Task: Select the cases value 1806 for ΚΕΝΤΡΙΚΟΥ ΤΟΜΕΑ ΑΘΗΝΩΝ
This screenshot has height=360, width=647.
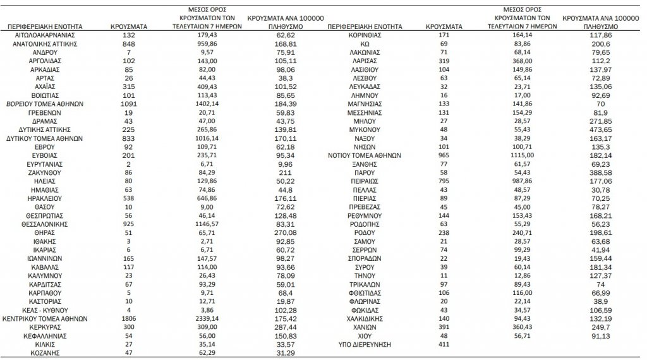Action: (129, 319)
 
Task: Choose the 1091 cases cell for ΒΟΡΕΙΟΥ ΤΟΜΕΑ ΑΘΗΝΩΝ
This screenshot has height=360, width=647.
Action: (129, 103)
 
